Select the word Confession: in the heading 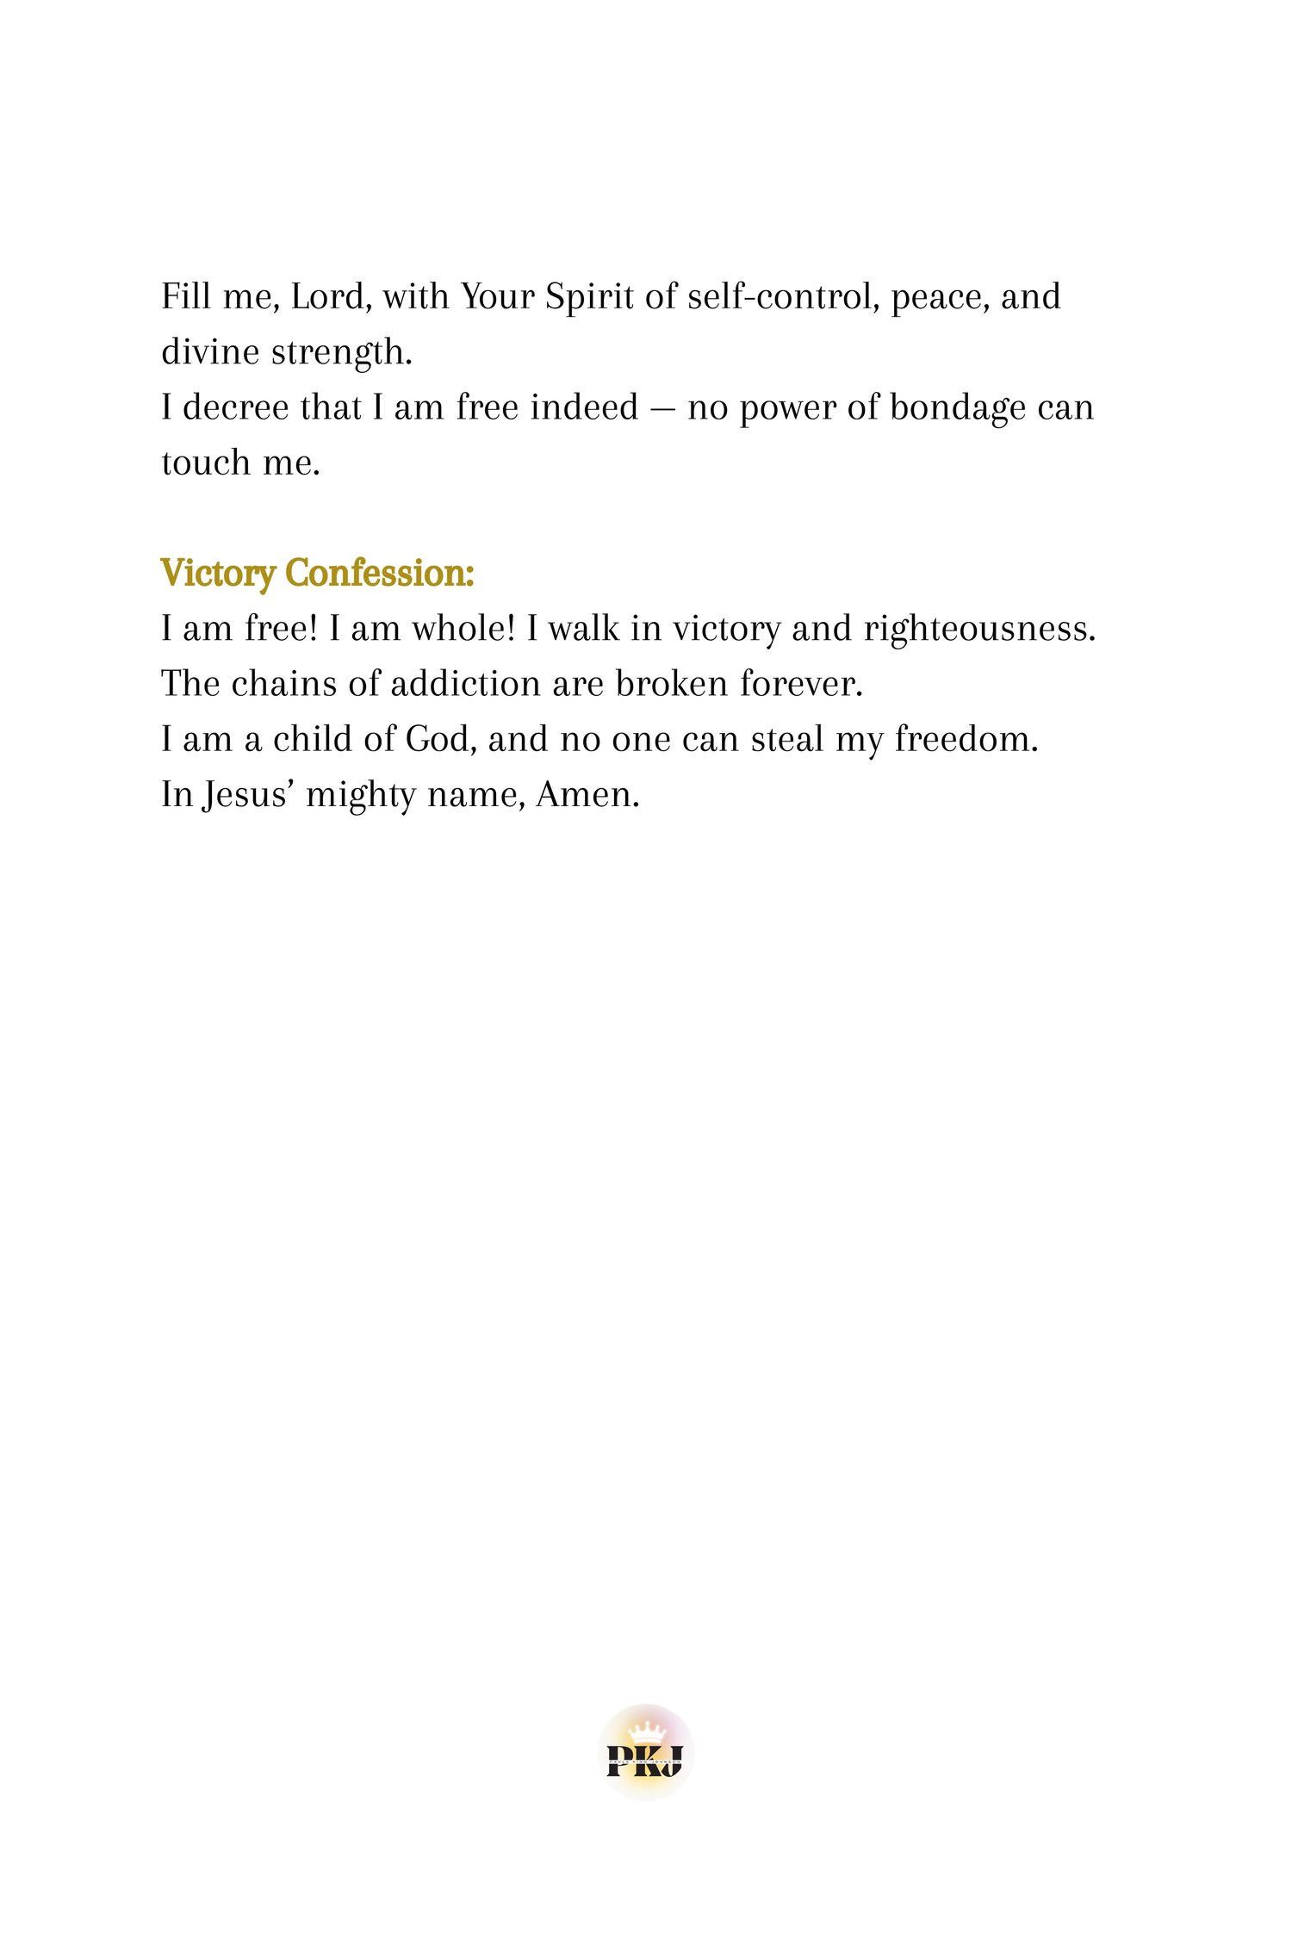380,574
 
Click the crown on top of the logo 646,1731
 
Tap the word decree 228,408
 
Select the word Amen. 587,795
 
